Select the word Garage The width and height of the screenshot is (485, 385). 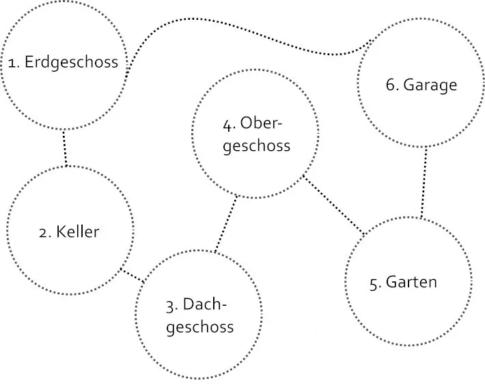coord(430,85)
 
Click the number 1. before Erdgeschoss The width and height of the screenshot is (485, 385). coord(14,63)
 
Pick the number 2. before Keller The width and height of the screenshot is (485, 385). coord(45,232)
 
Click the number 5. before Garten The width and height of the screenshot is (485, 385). coord(375,283)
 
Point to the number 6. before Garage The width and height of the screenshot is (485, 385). coord(392,85)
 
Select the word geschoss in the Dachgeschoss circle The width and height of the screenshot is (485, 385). coord(199,327)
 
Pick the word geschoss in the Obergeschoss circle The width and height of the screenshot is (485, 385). coord(256,145)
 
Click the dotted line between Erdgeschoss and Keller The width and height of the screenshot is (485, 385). coord(65,147)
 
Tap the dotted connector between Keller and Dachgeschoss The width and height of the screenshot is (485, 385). coord(133,275)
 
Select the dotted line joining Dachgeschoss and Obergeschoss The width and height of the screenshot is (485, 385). coord(227,224)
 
